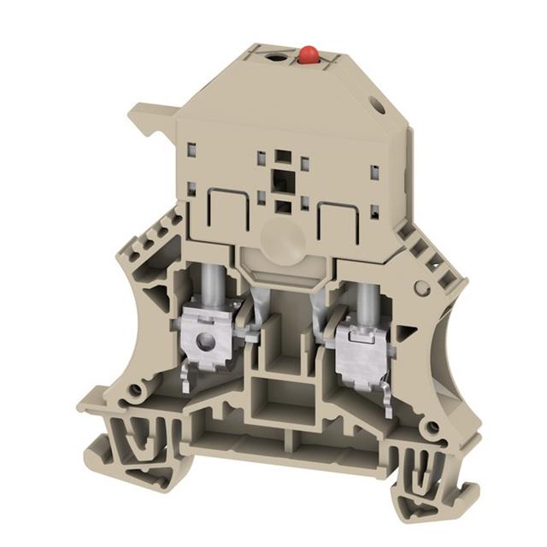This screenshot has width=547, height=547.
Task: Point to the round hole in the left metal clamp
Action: pos(203,343)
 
